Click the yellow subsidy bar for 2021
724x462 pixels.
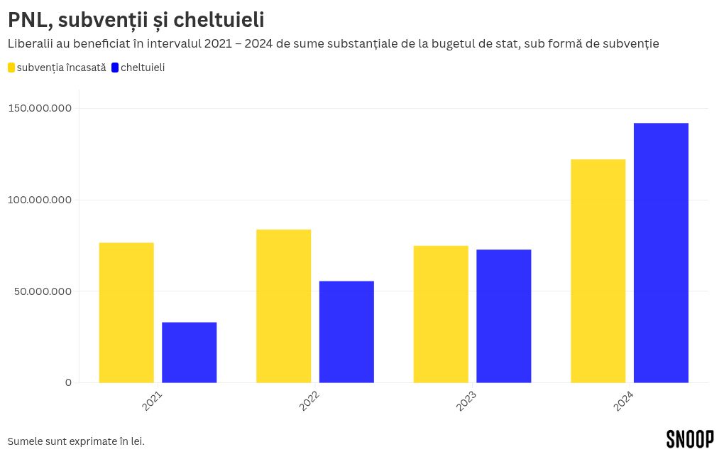(x=126, y=313)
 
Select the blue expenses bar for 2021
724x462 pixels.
(x=189, y=353)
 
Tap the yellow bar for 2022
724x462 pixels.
(x=283, y=306)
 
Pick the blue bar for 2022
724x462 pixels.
(x=346, y=332)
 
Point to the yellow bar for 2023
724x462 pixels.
(x=441, y=314)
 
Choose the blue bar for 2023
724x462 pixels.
(x=503, y=316)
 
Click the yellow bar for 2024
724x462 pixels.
(x=598, y=271)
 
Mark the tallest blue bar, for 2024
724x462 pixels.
(x=661, y=253)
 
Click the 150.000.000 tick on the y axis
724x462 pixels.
(x=40, y=108)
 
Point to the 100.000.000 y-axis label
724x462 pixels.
(x=40, y=200)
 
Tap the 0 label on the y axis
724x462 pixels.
(x=68, y=382)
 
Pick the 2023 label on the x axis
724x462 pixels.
(x=466, y=401)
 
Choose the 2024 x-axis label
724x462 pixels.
(x=624, y=401)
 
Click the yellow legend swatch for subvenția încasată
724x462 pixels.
(x=11, y=68)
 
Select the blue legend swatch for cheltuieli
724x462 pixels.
(x=116, y=68)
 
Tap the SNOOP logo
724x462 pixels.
(x=690, y=439)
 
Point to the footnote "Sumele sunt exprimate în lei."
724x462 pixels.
(x=76, y=441)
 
